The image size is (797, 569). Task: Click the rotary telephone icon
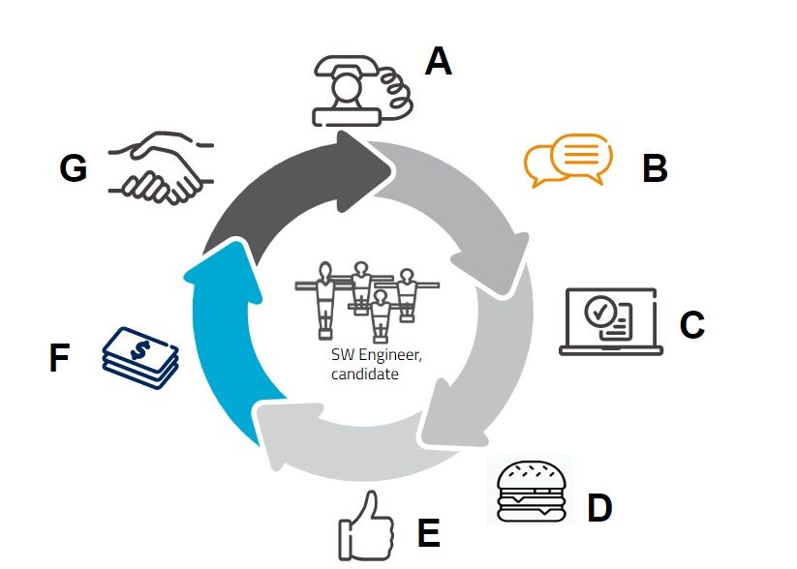click(x=362, y=91)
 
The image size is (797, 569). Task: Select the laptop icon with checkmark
click(x=611, y=321)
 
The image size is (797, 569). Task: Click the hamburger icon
click(x=531, y=492)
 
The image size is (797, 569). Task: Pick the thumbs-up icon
click(x=366, y=525)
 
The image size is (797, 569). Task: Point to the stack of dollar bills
click(x=140, y=358)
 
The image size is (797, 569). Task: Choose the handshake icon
click(x=161, y=167)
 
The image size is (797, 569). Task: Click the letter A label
click(x=438, y=61)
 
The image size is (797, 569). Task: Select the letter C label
click(x=692, y=324)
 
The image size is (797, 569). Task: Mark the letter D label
click(x=599, y=507)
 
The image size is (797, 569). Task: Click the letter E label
click(x=428, y=532)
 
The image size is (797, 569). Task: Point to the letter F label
click(x=59, y=358)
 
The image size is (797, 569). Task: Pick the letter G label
click(x=74, y=167)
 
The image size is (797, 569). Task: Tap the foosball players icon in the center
click(x=367, y=301)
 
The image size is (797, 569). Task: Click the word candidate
click(x=364, y=374)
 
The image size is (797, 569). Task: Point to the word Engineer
click(x=390, y=355)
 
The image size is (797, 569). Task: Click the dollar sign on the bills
click(x=140, y=349)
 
